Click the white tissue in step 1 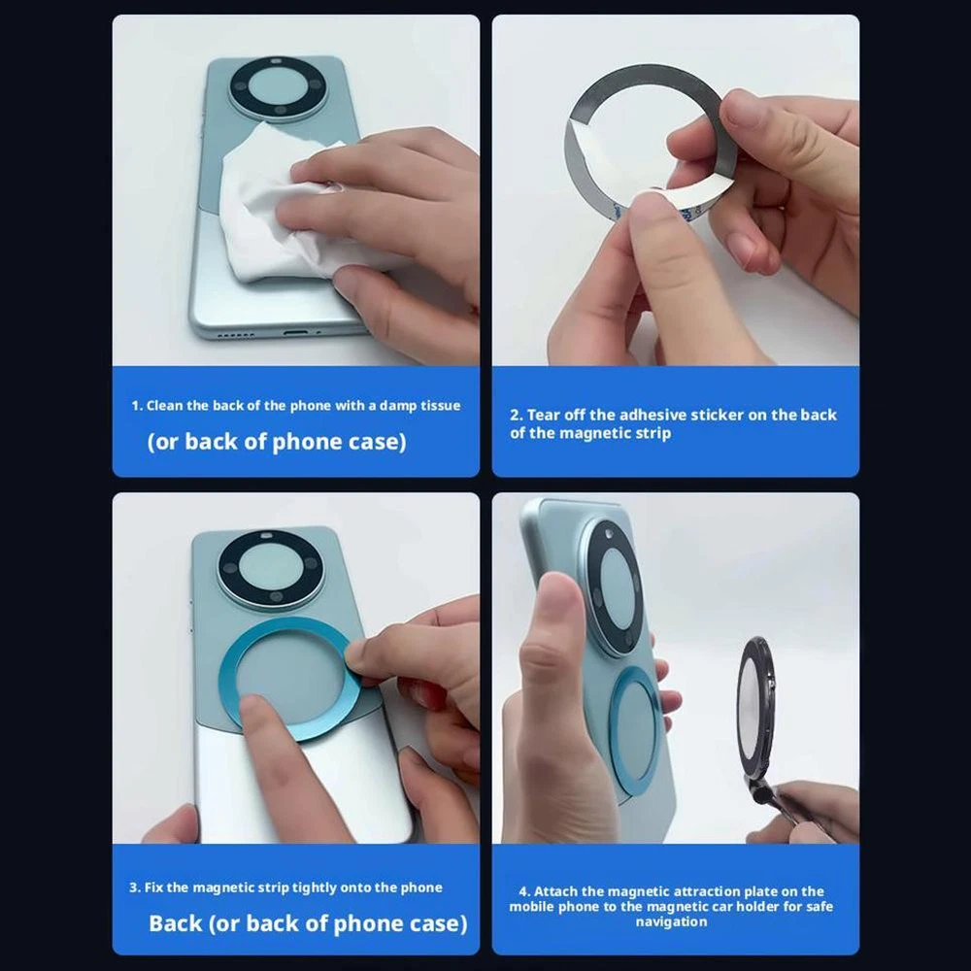279,204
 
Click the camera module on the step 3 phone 270,567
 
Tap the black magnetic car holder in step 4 758,719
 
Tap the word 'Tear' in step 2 543,415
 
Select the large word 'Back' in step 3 175,922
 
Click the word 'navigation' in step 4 671,921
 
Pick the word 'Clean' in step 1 164,406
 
